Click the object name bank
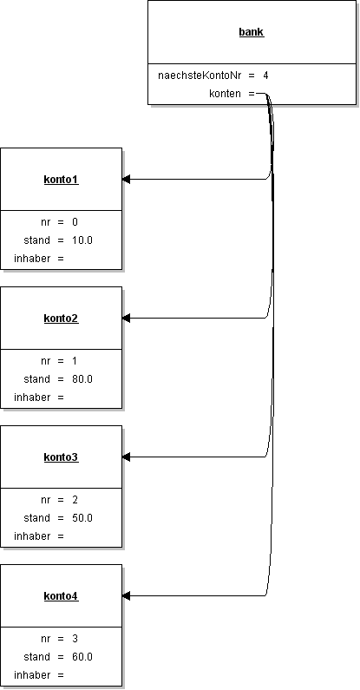click(x=252, y=32)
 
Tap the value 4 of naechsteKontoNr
click(x=265, y=76)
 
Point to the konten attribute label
click(x=226, y=93)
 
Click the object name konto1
click(x=61, y=180)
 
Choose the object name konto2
click(x=61, y=319)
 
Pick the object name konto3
click(x=61, y=457)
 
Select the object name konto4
click(x=61, y=596)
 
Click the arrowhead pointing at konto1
click(x=127, y=180)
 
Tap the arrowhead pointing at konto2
click(x=127, y=319)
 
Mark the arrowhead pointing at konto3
click(x=127, y=457)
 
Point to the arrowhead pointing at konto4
click(x=127, y=596)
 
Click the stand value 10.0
click(x=82, y=240)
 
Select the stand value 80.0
click(x=82, y=379)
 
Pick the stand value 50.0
click(x=82, y=518)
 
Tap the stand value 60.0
click(x=82, y=657)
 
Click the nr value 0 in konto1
click(x=75, y=222)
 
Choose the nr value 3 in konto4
click(x=75, y=639)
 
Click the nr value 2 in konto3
click(x=75, y=500)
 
